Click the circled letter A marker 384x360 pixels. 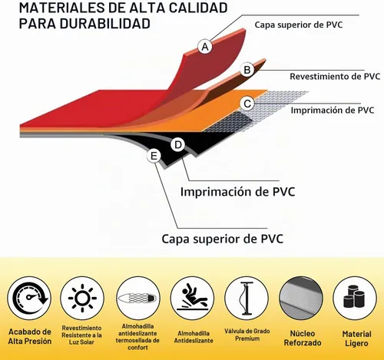205,47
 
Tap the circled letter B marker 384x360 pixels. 247,70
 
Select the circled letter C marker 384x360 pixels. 247,104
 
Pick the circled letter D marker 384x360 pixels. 178,145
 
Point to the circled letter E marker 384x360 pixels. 154,156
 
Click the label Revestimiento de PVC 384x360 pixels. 335,76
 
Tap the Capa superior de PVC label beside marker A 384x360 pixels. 299,25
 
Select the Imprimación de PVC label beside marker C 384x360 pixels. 333,110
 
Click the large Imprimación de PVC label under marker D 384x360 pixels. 238,192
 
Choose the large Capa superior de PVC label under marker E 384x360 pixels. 223,239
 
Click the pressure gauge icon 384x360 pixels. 30,299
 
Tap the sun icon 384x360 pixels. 82,298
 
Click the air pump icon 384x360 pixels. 247,299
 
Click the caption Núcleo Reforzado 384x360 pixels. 303,338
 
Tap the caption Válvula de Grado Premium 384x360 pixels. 247,335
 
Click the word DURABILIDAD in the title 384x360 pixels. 105,24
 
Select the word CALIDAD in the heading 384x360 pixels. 198,8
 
